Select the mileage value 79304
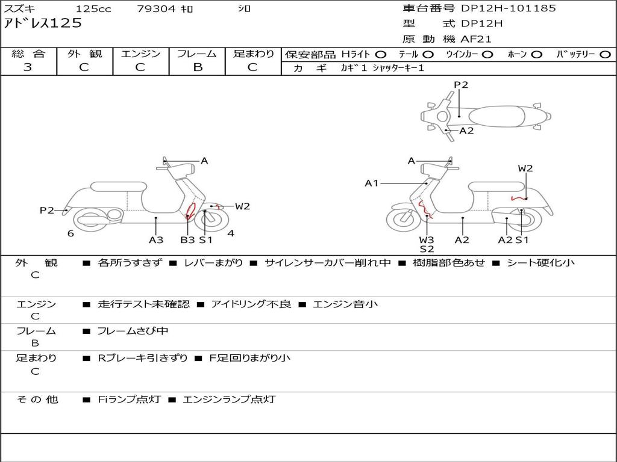(x=157, y=9)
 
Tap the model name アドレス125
(x=43, y=23)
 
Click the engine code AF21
(x=476, y=39)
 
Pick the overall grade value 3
(x=28, y=67)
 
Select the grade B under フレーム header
(x=197, y=67)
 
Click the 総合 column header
(x=28, y=54)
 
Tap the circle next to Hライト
(x=381, y=55)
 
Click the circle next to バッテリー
(x=605, y=55)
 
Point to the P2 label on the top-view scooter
(x=461, y=85)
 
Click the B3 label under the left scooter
(x=187, y=240)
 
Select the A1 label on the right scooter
(x=372, y=183)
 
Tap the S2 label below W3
(x=427, y=248)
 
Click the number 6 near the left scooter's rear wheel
(x=70, y=233)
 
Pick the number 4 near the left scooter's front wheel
(x=231, y=233)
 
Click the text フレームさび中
(x=133, y=331)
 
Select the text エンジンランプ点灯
(x=229, y=399)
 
